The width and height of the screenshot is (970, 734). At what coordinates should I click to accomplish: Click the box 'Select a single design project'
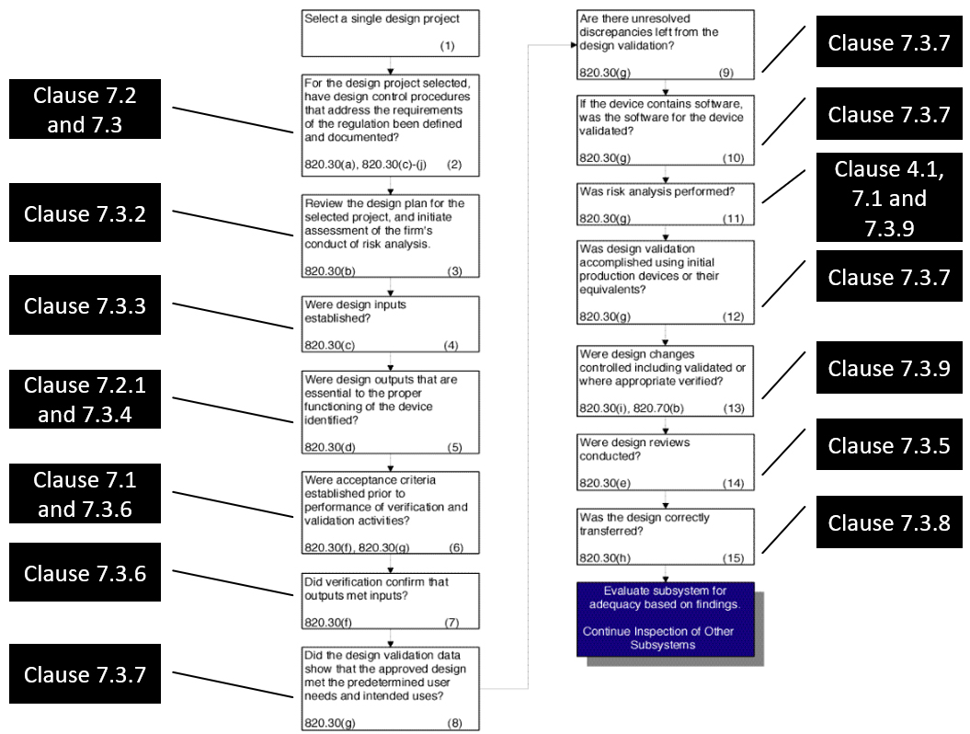(x=391, y=32)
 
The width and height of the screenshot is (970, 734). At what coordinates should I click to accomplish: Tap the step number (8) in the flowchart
(x=454, y=723)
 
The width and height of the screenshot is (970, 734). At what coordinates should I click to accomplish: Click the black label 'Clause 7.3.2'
(x=86, y=214)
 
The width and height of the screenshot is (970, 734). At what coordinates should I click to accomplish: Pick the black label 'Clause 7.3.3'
(x=86, y=305)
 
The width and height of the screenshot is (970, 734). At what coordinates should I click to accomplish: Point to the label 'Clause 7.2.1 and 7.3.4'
(x=86, y=401)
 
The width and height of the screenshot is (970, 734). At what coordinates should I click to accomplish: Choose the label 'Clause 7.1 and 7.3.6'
(x=86, y=495)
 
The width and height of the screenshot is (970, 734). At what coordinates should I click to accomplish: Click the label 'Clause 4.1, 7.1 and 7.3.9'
(x=882, y=199)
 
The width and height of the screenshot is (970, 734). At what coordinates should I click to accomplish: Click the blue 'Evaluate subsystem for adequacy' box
(x=666, y=618)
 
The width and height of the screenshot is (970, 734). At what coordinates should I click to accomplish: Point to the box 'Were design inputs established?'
(x=391, y=323)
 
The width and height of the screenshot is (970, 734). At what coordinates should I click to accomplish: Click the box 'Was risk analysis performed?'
(x=666, y=204)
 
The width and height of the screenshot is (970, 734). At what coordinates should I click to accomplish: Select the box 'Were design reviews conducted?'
(x=666, y=456)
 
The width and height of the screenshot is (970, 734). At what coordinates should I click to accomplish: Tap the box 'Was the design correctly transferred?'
(x=666, y=535)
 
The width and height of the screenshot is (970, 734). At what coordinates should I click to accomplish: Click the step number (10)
(x=733, y=158)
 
